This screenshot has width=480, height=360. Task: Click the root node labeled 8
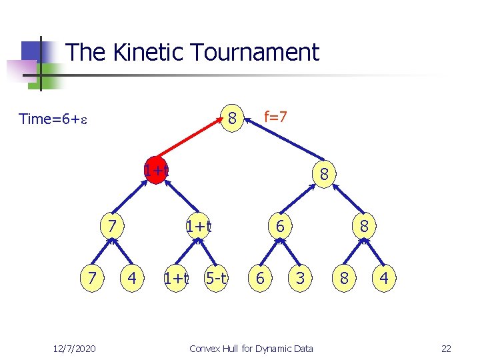point(232,119)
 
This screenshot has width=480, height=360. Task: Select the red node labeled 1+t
point(156,171)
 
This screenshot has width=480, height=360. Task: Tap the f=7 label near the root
point(275,117)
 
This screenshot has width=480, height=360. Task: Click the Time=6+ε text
point(54,119)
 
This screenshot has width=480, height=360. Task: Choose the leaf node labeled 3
point(300,277)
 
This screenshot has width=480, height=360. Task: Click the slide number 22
point(446,348)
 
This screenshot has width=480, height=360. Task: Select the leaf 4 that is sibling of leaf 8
point(384,277)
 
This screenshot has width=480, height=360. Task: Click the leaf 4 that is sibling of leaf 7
point(133,277)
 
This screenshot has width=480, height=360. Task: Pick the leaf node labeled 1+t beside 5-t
point(177,277)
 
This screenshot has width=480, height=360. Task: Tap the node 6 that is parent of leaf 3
point(280,227)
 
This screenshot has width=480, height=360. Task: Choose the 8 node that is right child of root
point(323,174)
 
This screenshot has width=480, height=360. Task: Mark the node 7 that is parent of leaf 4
point(113,227)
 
